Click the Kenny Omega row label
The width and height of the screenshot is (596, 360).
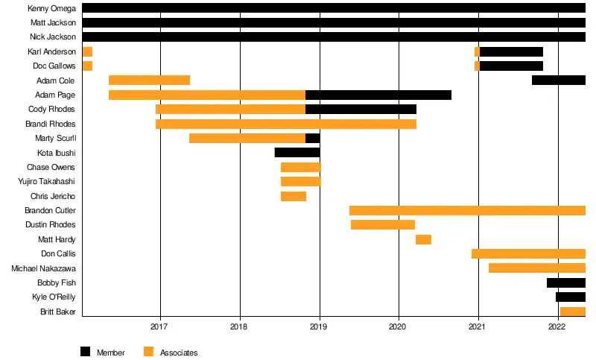[x=52, y=8]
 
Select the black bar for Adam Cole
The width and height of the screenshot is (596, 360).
[x=558, y=80]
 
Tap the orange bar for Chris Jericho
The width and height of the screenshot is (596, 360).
[x=294, y=196]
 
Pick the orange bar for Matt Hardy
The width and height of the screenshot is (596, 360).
[x=423, y=239]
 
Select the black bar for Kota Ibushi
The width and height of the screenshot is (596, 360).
[x=297, y=153]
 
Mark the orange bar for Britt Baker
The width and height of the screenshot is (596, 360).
[x=572, y=312]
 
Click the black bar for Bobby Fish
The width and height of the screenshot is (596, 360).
[x=565, y=282]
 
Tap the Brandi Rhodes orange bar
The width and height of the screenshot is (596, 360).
[x=286, y=124]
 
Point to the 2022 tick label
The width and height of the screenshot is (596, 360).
[x=558, y=326]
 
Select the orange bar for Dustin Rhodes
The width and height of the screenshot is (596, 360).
[x=383, y=224]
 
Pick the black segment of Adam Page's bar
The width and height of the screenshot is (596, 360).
[x=378, y=95]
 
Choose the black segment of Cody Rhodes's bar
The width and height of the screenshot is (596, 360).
[x=361, y=110]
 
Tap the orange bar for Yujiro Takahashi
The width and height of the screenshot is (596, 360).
[x=301, y=181]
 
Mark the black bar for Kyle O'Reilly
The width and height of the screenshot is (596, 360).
[x=570, y=297]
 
